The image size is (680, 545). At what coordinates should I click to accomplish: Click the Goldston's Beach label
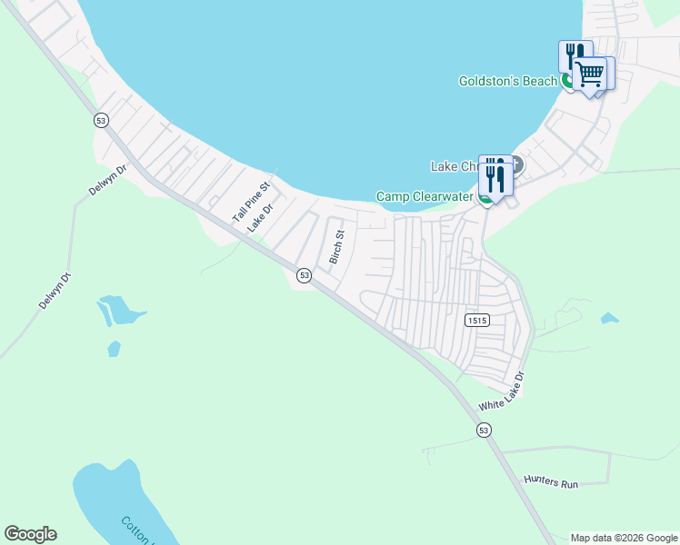coord(508,82)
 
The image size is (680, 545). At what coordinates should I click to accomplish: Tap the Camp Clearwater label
coord(425,196)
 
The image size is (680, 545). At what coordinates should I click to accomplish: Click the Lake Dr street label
coord(261,217)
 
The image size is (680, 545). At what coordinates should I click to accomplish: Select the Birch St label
coord(337,247)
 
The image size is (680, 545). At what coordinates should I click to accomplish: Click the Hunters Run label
coord(551,483)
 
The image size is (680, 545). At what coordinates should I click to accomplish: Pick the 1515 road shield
coord(476,321)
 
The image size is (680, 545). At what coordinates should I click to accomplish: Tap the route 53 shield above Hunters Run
coord(484,430)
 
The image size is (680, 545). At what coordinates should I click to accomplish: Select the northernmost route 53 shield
coord(100,120)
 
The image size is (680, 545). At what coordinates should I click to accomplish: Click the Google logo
coord(30,534)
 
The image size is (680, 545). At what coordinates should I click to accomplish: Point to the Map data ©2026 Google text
coord(624,538)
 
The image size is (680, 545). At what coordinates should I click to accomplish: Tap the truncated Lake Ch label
coord(454,167)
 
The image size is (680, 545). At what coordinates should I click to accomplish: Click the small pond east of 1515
coord(609,319)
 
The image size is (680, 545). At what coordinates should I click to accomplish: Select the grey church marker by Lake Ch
coord(517,165)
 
